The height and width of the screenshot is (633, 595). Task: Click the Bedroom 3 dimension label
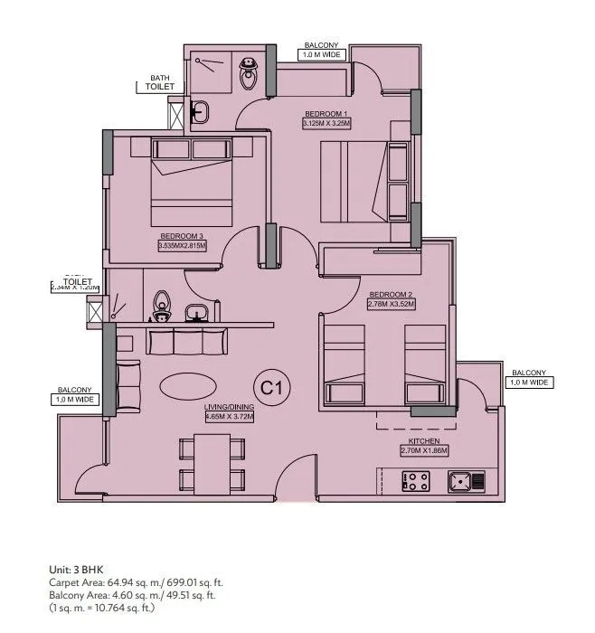(183, 245)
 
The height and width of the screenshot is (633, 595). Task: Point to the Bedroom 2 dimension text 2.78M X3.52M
(392, 305)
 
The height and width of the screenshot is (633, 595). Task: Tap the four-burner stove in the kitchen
(415, 482)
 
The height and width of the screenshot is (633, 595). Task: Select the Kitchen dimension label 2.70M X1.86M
(424, 449)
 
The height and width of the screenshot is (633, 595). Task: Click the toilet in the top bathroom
(248, 73)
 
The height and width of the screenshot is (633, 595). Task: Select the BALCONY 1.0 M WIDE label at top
(321, 50)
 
